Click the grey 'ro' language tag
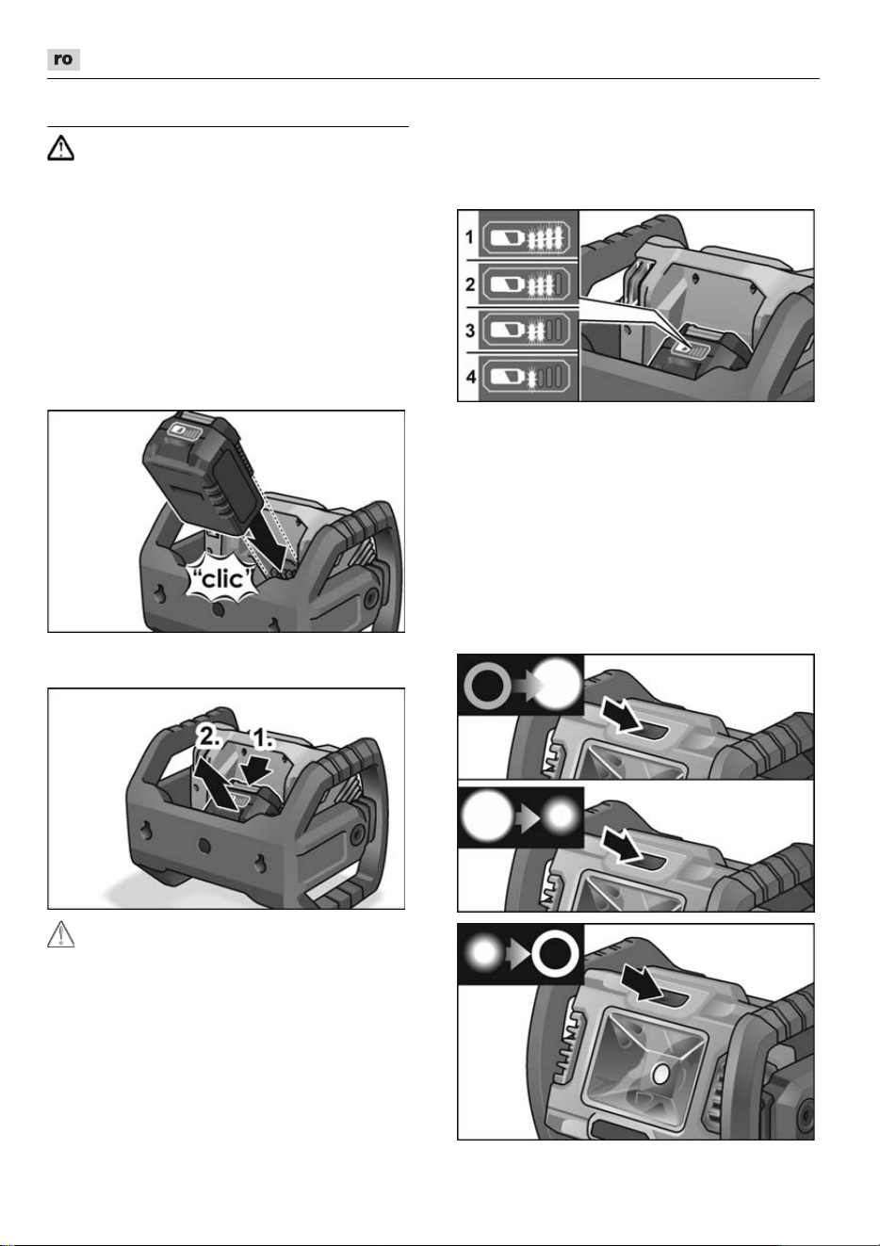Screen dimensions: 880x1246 click(63, 59)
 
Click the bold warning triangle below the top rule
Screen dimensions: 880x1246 click(60, 149)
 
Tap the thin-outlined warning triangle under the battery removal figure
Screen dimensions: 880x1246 click(60, 934)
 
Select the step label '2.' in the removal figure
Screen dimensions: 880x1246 click(209, 737)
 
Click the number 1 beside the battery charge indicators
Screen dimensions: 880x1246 click(469, 237)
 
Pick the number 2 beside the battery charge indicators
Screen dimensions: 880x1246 click(470, 284)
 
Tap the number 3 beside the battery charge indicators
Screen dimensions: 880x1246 click(470, 331)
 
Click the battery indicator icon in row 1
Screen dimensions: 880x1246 click(526, 237)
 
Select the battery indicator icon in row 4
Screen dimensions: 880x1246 click(526, 377)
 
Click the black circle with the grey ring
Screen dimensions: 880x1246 click(488, 686)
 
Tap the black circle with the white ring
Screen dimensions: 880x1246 click(556, 955)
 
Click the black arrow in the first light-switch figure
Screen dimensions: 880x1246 click(622, 717)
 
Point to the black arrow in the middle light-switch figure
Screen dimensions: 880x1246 click(622, 846)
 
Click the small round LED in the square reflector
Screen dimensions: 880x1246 click(660, 1076)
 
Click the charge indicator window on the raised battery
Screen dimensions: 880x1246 click(185, 432)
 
